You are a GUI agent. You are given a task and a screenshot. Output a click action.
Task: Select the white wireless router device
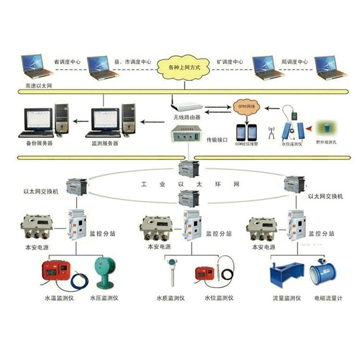[x=186, y=106]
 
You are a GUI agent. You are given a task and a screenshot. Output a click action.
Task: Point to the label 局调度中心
[x=294, y=62]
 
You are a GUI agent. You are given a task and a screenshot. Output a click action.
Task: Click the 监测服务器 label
[x=104, y=143]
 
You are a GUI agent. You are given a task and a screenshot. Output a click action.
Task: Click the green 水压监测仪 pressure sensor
[x=104, y=272]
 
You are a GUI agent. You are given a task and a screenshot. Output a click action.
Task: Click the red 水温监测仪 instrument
[x=57, y=272]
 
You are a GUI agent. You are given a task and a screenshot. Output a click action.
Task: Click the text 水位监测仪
[x=219, y=298]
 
